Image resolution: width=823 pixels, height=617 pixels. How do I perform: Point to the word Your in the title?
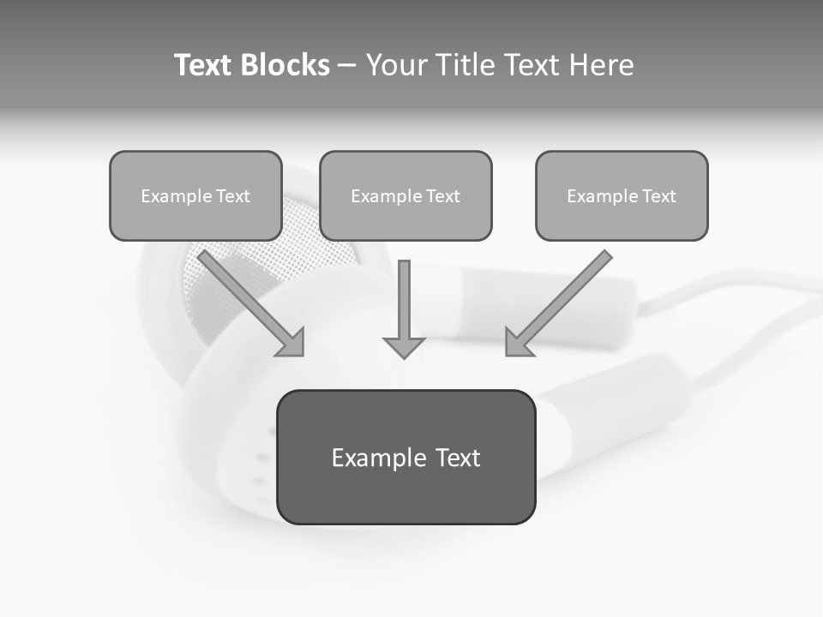point(395,65)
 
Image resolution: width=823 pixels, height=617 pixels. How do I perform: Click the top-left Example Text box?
point(195,195)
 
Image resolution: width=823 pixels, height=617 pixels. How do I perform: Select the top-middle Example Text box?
point(405,195)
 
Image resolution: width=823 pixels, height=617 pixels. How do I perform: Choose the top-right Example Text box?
point(622,195)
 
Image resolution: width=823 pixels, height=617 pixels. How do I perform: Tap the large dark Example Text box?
point(405,457)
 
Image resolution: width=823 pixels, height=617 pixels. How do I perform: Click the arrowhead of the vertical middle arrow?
point(404,347)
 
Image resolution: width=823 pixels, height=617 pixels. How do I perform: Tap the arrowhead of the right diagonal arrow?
point(517,343)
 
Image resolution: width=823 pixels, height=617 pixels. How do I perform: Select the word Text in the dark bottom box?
point(458,458)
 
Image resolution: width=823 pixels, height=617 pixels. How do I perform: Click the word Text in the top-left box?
point(233,196)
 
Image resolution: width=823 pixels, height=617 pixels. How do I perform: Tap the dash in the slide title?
point(348,66)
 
